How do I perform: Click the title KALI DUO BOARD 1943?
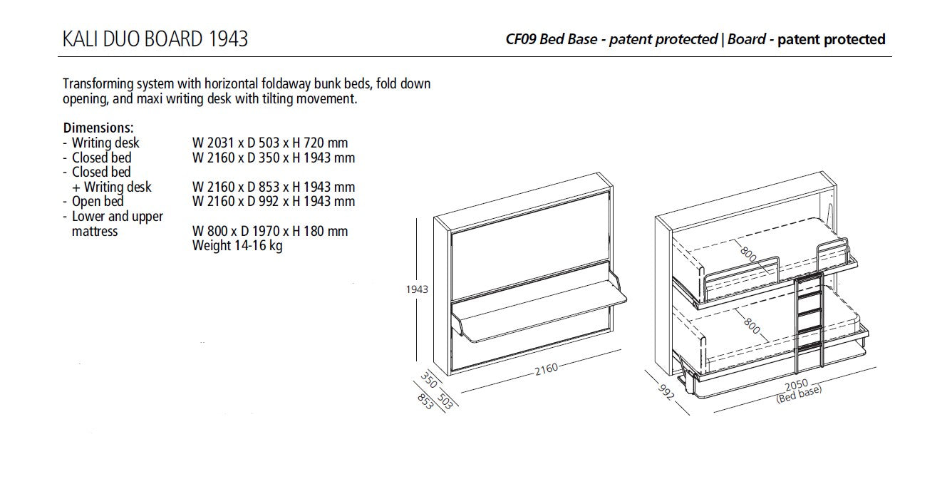pyautogui.click(x=155, y=38)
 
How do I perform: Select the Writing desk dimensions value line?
pyautogui.click(x=270, y=143)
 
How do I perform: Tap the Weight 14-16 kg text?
pyautogui.click(x=237, y=247)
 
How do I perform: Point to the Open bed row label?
pyautogui.click(x=98, y=202)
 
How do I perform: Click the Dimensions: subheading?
pyautogui.click(x=98, y=128)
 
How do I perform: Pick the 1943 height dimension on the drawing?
pyautogui.click(x=417, y=289)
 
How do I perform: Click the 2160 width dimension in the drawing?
pyautogui.click(x=546, y=369)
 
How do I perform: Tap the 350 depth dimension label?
pyautogui.click(x=429, y=379)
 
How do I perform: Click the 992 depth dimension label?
pyautogui.click(x=666, y=391)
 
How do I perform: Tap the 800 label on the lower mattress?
pyautogui.click(x=750, y=324)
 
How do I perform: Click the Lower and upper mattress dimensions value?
pyautogui.click(x=270, y=232)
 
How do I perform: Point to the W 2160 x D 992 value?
pyautogui.click(x=273, y=202)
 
